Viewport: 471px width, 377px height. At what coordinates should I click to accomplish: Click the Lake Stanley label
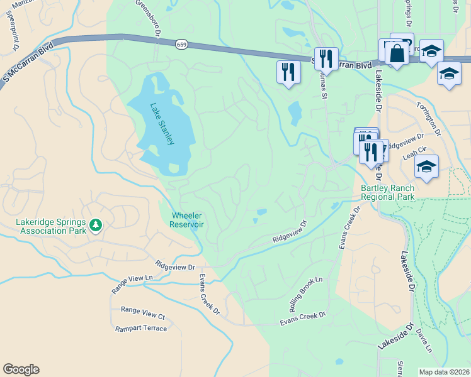162,124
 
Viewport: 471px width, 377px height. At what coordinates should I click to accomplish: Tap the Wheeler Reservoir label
187,220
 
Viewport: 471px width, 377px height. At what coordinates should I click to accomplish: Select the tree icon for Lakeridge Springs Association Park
96,225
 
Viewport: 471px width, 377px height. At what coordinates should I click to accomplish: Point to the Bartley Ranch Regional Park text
387,192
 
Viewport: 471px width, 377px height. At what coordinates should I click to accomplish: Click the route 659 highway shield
181,45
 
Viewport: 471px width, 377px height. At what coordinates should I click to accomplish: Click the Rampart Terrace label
141,329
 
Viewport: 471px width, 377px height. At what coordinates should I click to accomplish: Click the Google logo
21,369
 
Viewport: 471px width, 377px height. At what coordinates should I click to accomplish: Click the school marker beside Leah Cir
426,167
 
